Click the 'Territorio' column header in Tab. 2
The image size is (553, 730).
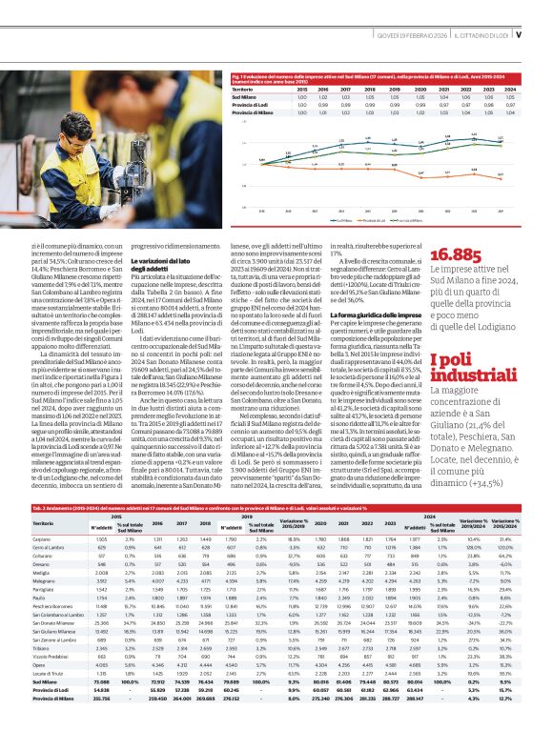point(44,523)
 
